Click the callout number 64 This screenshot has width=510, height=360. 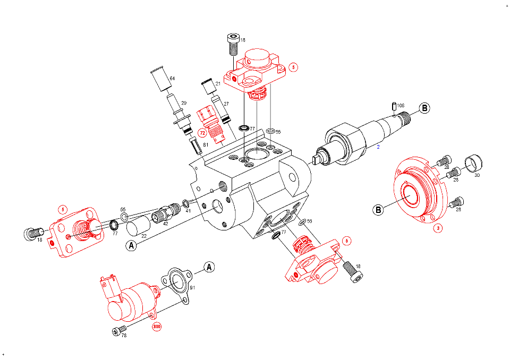(172, 79)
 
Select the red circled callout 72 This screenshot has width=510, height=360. (202, 133)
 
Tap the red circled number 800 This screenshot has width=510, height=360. (157, 326)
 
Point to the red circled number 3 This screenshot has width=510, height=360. (438, 228)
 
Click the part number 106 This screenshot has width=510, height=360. (401, 106)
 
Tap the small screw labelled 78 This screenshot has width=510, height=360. (117, 332)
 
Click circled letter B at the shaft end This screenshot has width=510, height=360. (424, 108)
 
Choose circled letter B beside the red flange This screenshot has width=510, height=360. (378, 210)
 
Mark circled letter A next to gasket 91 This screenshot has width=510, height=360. (209, 267)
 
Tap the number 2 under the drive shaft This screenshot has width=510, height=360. (378, 146)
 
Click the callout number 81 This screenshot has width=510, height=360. (206, 145)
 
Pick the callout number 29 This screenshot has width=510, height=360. (184, 103)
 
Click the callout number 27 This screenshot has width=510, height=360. (226, 104)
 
